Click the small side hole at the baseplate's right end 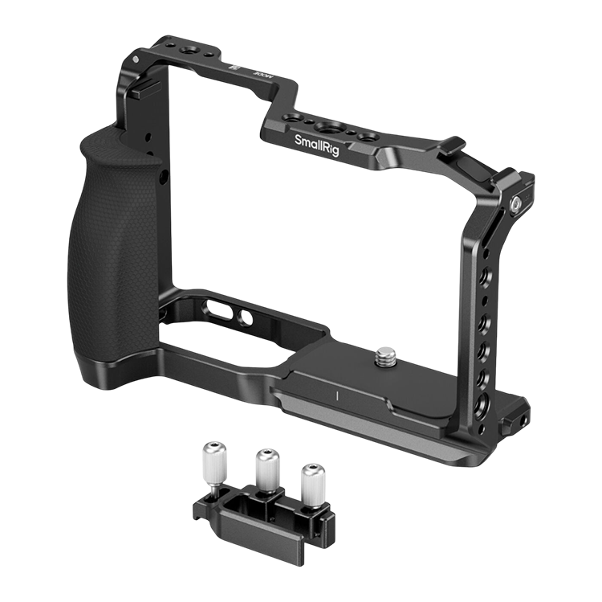coord(522,418)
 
